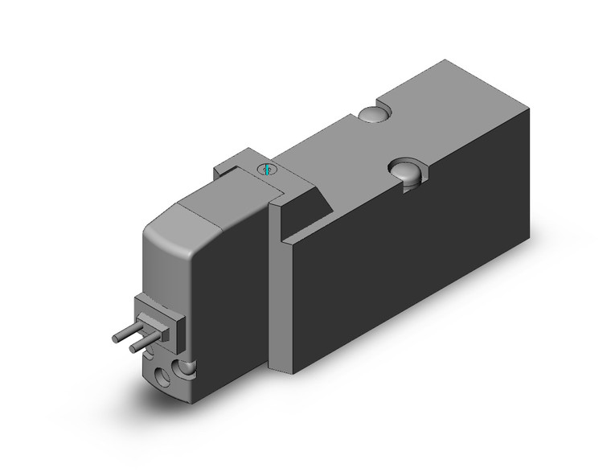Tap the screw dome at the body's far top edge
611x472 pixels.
(x=370, y=116)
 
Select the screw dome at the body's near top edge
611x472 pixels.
(x=404, y=171)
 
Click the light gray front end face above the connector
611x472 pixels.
(x=161, y=273)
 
